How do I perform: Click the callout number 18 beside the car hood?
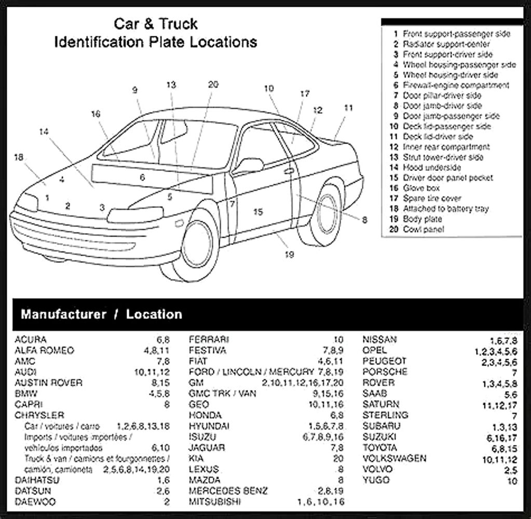pos(19,157)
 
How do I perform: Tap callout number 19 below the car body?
pos(290,254)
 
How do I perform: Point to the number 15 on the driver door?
pos(258,211)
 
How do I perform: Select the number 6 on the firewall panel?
pos(142,178)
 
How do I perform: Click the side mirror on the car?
pos(249,166)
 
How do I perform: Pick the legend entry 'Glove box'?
pos(421,188)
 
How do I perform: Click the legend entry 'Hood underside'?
pos(431,167)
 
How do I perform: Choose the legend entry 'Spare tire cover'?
pos(431,198)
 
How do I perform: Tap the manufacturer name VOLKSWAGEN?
pos(394,459)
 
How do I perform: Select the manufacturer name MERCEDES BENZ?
pos(228,491)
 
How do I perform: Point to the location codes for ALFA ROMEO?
pos(157,351)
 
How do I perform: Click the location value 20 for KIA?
pos(338,459)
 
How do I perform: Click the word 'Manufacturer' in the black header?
pos(63,314)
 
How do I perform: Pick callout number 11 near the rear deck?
pos(348,108)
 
